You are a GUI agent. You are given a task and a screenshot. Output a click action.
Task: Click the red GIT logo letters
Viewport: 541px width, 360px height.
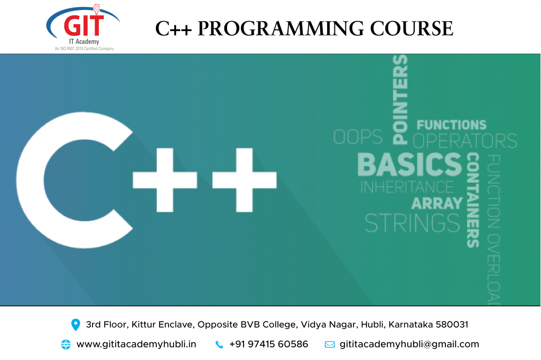(x=84, y=25)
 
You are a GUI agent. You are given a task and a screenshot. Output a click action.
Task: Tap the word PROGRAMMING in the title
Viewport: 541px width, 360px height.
(x=281, y=29)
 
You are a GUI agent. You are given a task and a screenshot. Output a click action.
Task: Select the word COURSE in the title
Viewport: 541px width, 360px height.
(x=412, y=29)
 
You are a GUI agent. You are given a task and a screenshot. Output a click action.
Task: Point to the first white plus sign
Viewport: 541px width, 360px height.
(x=165, y=180)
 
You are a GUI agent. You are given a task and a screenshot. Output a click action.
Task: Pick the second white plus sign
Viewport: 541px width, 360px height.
(x=244, y=180)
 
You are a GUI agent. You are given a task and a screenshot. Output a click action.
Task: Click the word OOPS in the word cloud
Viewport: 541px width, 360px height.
(x=358, y=137)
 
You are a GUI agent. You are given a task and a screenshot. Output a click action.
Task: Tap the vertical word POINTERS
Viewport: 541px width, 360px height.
(x=400, y=100)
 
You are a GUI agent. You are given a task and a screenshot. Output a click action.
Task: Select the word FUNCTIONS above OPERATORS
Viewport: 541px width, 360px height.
(x=451, y=125)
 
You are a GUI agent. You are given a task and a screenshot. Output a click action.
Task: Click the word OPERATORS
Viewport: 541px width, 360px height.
(x=465, y=141)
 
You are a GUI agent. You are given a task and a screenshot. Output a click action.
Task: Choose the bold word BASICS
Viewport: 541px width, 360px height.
(x=409, y=165)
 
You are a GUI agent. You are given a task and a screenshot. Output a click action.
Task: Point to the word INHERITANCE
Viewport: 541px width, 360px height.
(x=407, y=187)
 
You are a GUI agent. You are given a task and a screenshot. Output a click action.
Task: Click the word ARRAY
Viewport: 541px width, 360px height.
(x=437, y=203)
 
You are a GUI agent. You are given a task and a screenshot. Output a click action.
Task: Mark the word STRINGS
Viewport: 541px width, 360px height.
(x=412, y=223)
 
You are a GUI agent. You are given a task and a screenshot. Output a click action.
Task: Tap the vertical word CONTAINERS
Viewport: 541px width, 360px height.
(x=473, y=200)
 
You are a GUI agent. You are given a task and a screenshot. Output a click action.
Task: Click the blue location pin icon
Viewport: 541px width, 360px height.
(x=76, y=325)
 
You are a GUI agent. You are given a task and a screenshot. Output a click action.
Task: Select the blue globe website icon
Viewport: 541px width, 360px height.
(x=66, y=345)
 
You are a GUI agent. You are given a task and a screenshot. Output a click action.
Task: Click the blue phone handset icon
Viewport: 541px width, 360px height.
(x=219, y=345)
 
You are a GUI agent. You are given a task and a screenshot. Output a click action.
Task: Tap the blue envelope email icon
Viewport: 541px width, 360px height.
(x=330, y=345)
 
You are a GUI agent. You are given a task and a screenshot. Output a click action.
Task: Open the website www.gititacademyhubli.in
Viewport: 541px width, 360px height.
(x=136, y=344)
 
